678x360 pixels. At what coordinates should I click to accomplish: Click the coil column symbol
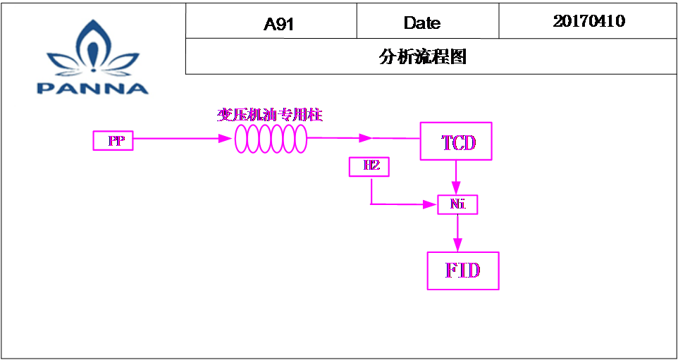(271, 139)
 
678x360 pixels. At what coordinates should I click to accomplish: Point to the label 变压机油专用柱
(270, 116)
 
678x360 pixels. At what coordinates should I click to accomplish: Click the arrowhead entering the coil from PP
(226, 139)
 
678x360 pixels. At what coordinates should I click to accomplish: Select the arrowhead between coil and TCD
(365, 138)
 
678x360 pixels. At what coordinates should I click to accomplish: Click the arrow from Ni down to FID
(458, 233)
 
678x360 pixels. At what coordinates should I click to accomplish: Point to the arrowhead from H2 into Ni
(430, 204)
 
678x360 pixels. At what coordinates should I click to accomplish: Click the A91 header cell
(271, 20)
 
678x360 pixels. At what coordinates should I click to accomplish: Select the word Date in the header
(422, 23)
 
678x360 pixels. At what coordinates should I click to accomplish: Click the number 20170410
(589, 21)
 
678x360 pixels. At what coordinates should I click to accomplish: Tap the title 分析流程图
(423, 56)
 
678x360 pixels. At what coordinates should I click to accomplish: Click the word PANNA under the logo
(92, 89)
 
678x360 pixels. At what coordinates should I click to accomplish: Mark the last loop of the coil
(300, 139)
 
